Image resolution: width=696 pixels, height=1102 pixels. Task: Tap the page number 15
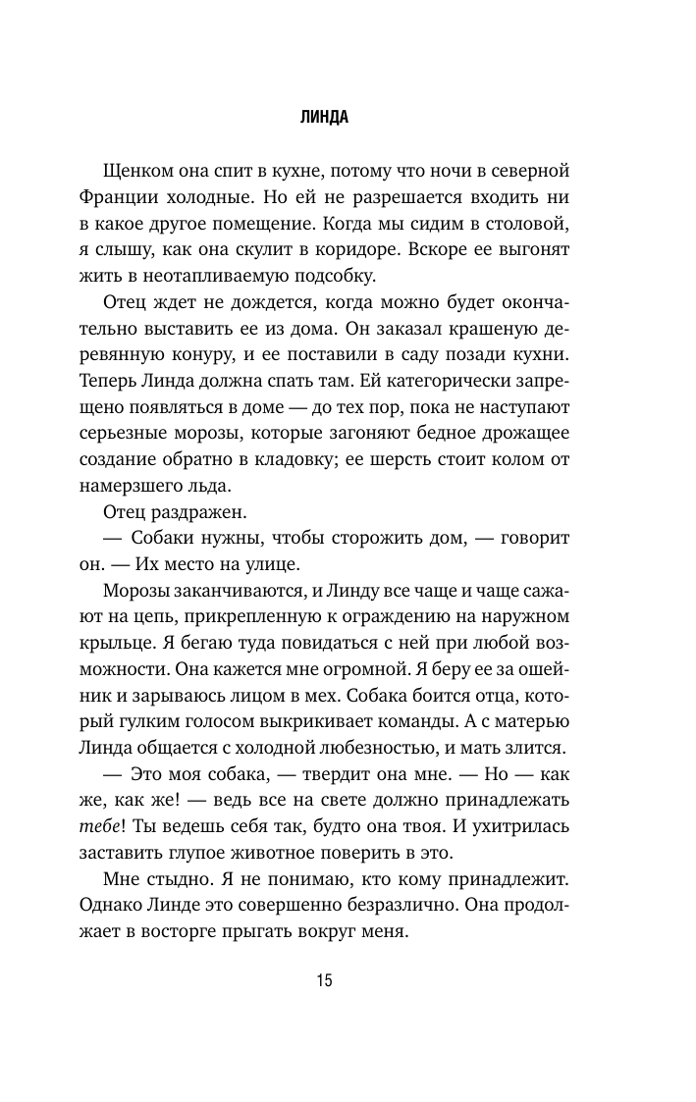pos(325,980)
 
